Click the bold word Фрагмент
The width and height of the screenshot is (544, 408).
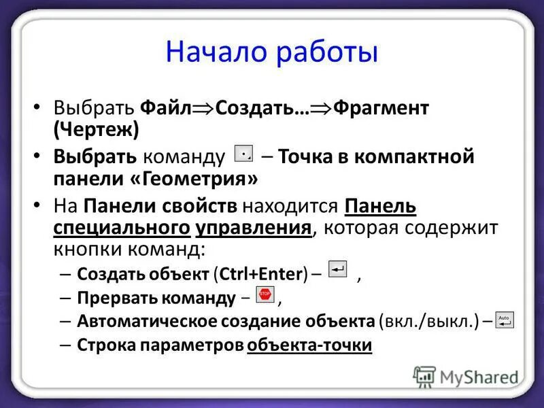point(380,108)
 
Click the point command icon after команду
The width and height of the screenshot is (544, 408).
point(244,155)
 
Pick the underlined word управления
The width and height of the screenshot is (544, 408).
point(254,227)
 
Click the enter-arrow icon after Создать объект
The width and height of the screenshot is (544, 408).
point(337,269)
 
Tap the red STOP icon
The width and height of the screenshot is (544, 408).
point(265,294)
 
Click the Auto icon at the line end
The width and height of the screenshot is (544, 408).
point(505,320)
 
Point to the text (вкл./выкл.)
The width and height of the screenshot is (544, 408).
point(428,321)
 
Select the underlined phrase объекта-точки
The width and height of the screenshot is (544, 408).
point(309,345)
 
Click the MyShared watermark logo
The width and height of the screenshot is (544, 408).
point(464,376)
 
